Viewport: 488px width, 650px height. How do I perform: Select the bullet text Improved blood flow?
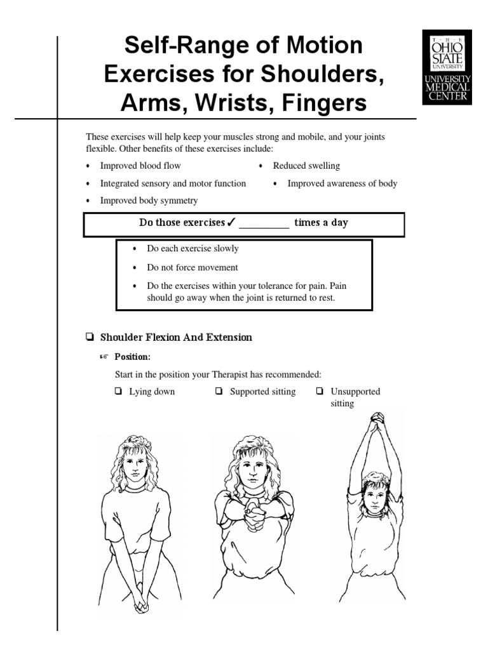click(x=140, y=166)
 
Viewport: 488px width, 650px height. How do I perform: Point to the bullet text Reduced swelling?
click(x=306, y=166)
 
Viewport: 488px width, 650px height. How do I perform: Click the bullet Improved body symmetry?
click(x=149, y=201)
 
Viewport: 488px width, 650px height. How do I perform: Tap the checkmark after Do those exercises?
click(x=231, y=223)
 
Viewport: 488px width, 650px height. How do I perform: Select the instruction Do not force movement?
click(x=193, y=268)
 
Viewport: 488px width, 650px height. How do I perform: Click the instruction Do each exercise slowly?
click(x=193, y=249)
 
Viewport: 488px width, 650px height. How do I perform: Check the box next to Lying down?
click(x=118, y=392)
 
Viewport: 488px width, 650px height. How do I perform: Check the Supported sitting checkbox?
click(x=219, y=392)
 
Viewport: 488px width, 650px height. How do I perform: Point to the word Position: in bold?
click(x=137, y=357)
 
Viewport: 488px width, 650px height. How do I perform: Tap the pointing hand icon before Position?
click(x=104, y=357)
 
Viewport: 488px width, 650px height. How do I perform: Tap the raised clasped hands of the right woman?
click(x=377, y=420)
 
